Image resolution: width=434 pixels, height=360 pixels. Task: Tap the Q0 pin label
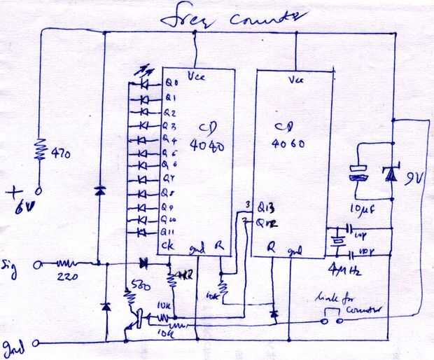click(171, 83)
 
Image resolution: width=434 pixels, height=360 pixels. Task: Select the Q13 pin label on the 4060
click(261, 207)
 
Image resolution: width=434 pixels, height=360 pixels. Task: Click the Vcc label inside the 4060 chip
click(295, 80)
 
